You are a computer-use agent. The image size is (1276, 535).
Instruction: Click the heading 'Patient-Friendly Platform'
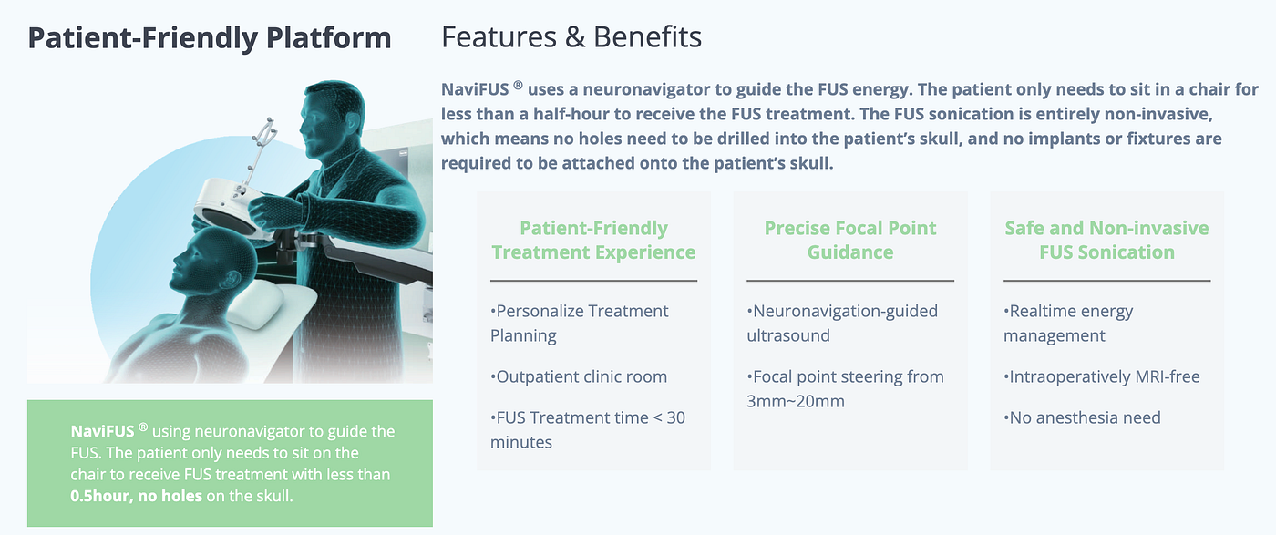[210, 38]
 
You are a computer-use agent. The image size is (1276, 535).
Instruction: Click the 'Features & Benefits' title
[571, 37]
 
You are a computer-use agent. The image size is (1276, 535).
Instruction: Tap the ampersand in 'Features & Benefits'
[575, 37]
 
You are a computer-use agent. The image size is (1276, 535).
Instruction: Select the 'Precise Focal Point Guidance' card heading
[849, 240]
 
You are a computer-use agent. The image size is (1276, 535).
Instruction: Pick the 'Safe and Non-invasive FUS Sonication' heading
[1106, 240]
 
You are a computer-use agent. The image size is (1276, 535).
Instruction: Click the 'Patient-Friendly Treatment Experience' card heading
[593, 240]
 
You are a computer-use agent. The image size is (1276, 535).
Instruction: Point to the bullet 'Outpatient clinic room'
[579, 376]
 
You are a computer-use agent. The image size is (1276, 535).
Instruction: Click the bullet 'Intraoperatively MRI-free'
[1102, 376]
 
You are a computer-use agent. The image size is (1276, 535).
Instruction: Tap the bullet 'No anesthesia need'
[1083, 417]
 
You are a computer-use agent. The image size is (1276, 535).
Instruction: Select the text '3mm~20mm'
[796, 401]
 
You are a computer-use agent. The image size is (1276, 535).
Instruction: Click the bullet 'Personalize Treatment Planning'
[580, 323]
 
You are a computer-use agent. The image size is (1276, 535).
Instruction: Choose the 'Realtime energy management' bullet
[1068, 323]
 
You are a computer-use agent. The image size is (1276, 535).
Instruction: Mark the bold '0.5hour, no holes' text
[136, 496]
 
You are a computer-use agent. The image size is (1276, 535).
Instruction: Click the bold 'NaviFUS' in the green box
[102, 431]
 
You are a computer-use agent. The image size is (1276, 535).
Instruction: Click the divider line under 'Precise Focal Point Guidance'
[849, 281]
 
